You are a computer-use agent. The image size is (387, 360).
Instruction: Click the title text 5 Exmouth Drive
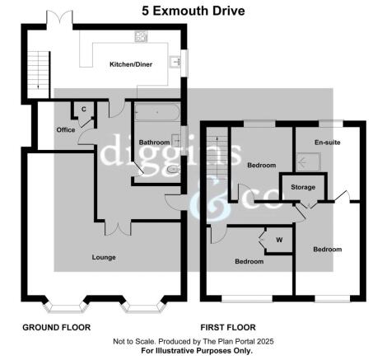coord(193,10)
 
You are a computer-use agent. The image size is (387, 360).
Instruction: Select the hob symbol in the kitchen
coord(140,35)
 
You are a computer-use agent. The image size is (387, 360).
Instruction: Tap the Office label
coord(66,129)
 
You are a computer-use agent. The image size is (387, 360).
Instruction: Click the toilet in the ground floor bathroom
coord(170,170)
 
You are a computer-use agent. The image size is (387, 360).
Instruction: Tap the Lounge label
coord(104,257)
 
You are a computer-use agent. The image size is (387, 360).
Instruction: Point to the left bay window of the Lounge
coord(63,308)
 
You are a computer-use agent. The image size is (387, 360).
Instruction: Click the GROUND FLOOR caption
coord(56,327)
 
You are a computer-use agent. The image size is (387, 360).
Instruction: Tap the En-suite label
coord(329,143)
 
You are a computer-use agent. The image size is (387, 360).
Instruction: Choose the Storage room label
coord(303,187)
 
